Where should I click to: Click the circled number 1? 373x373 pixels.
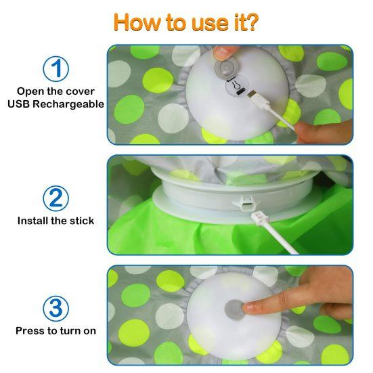[x=56, y=69]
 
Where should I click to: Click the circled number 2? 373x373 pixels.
[x=56, y=198]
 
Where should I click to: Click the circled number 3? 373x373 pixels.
[x=56, y=308]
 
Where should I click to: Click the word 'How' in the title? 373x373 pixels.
[x=140, y=21]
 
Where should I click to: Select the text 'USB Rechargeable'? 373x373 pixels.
[x=56, y=104]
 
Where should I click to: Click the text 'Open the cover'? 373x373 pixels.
[x=56, y=91]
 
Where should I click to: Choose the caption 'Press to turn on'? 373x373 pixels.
[x=56, y=331]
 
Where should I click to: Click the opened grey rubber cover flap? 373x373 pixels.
[x=225, y=68]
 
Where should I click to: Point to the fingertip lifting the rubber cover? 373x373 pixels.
[x=225, y=51]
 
